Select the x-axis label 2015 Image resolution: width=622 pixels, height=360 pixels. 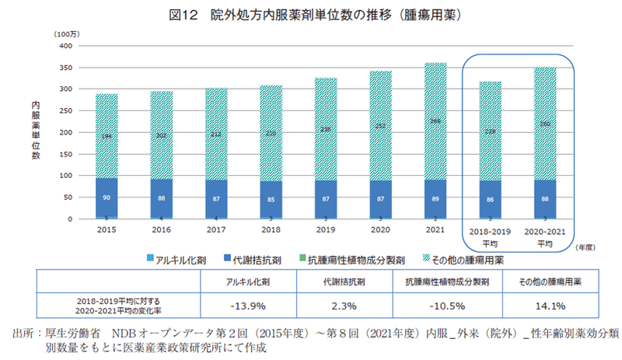pos(107,231)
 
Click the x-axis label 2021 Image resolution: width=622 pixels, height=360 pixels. pos(435,231)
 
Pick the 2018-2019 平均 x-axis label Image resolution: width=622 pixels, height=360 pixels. pos(491,236)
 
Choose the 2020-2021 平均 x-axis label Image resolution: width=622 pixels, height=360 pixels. pos(545,236)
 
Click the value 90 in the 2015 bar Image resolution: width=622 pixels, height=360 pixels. pos(107,198)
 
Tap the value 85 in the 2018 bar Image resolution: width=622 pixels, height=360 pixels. pos(271,199)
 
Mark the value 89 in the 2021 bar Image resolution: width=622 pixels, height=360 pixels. pos(435,198)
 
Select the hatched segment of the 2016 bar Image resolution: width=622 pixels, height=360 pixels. pos(162,135)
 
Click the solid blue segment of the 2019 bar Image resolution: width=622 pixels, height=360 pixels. pos(326,198)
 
